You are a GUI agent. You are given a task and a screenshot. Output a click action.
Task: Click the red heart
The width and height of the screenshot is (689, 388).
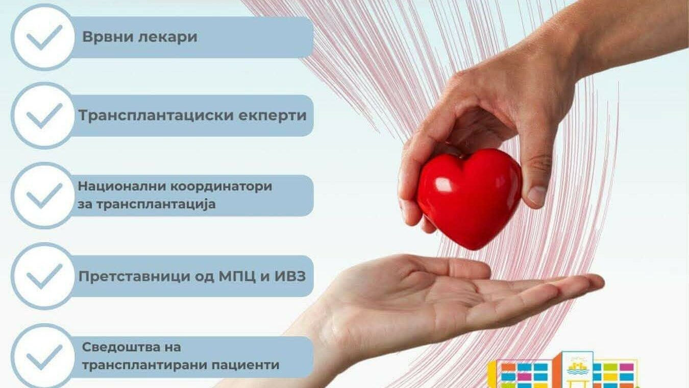coord(470,199)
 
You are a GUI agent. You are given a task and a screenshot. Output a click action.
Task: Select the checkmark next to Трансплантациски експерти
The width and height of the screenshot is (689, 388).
coord(44,116)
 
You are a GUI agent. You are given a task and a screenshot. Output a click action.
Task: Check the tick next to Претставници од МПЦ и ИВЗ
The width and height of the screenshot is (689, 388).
coord(44,277)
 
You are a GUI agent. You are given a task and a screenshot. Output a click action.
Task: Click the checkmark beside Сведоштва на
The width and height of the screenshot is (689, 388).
coord(44,357)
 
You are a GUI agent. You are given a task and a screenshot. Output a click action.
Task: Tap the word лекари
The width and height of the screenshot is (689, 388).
coord(167,37)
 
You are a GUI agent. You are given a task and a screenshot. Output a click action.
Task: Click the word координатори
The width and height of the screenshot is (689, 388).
coord(221,187)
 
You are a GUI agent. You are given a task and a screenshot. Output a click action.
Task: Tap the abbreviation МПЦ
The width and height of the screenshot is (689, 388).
coord(237,277)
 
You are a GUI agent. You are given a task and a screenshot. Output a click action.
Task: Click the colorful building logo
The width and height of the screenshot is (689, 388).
coord(563,370)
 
